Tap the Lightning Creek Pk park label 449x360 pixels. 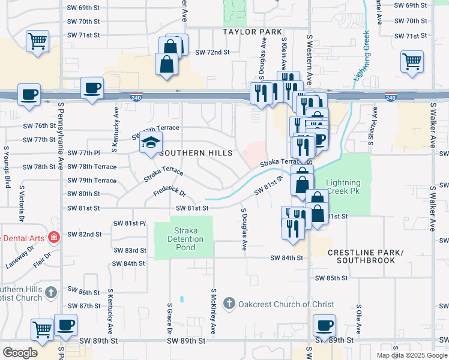[x=343, y=187]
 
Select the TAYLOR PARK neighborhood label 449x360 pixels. [x=252, y=32]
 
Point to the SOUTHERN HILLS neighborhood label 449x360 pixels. [x=195, y=154]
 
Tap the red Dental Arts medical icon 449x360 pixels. [x=54, y=238]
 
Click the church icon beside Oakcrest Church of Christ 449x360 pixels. [x=228, y=304]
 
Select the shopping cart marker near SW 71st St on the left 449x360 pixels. [x=37, y=41]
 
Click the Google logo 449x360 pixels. [x=20, y=353]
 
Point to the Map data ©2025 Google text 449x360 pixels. [x=411, y=355]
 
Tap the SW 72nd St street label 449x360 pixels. [x=212, y=52]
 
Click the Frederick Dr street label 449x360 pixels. [x=169, y=194]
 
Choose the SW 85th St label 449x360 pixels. [x=331, y=278]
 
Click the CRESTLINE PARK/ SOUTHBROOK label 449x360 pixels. [x=366, y=256]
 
